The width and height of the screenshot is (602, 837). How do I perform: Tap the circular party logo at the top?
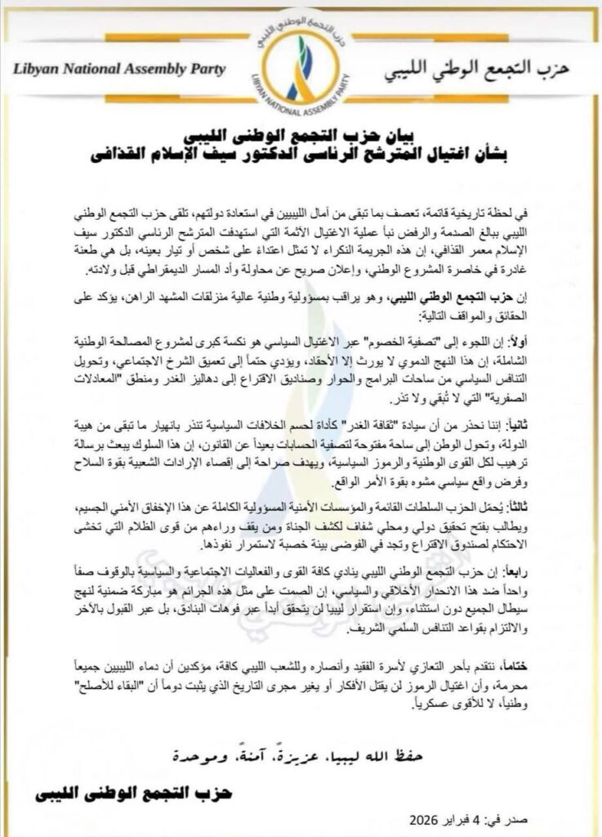[301, 70]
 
